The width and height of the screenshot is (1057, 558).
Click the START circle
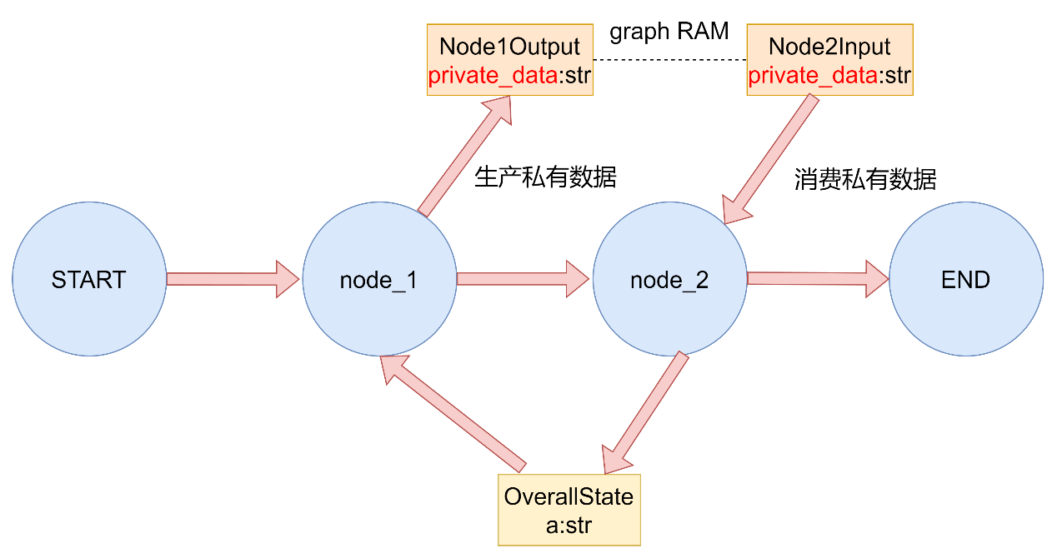point(89,279)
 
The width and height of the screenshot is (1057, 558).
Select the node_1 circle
point(379,279)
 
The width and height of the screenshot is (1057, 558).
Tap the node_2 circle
point(670,279)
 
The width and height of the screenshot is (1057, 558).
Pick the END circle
point(966,279)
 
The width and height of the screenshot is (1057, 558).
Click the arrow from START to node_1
point(233,279)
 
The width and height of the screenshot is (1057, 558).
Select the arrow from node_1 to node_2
point(523,279)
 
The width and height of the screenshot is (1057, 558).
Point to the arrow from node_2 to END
point(819,278)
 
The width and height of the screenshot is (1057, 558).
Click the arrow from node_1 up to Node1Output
point(465,156)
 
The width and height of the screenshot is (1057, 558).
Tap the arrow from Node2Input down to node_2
point(770,159)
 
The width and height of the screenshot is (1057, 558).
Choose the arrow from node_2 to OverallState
point(645,412)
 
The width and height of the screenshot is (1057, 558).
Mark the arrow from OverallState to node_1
point(453,414)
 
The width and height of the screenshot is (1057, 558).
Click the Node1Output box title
point(509,46)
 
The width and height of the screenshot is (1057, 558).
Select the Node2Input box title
point(829,46)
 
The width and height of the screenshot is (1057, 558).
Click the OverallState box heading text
point(569,496)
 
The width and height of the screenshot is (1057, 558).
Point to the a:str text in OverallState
point(569,526)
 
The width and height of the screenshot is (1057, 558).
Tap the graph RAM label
point(669,32)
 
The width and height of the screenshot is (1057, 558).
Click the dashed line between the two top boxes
point(670,60)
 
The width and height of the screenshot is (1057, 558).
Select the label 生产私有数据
point(545,177)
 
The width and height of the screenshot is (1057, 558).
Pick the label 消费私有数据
point(865,180)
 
